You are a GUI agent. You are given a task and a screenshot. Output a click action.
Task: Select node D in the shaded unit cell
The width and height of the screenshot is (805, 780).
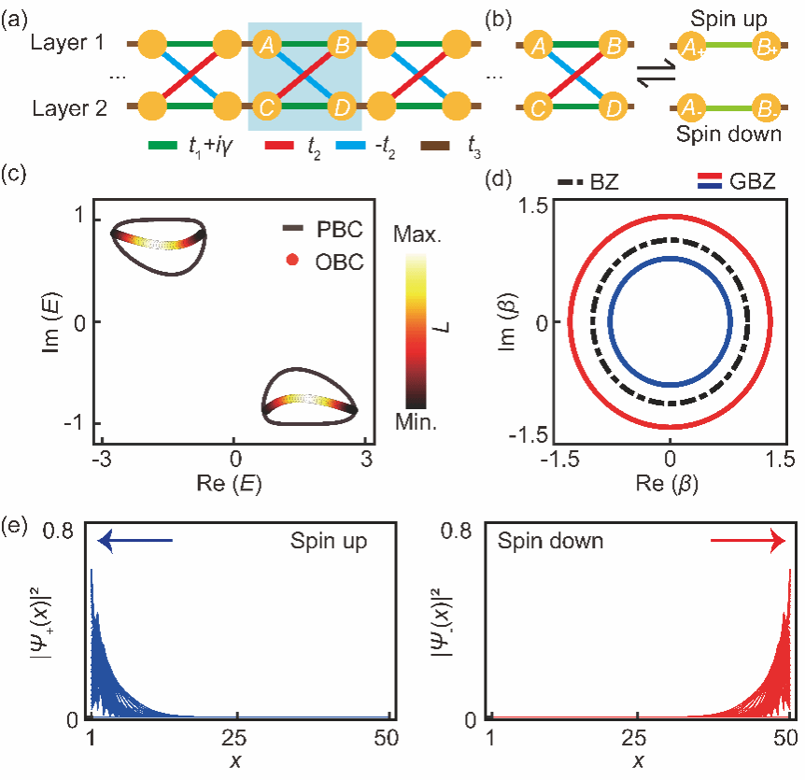coord(343,107)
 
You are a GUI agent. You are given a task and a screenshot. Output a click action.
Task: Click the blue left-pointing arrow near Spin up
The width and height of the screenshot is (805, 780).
coord(135,540)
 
